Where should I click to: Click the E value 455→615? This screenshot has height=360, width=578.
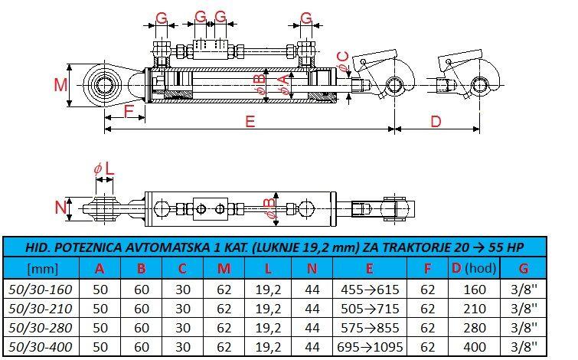(370, 290)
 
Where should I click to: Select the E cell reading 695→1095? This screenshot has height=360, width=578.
(370, 347)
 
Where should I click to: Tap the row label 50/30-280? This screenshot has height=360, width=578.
(40, 328)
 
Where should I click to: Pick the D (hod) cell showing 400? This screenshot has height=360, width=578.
(475, 347)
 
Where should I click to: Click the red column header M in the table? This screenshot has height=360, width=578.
(224, 268)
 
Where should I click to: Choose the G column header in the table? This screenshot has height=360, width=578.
(524, 268)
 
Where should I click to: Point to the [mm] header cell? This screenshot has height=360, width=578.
(43, 269)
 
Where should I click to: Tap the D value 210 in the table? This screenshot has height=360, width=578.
(475, 309)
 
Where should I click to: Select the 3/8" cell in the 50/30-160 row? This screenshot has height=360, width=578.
(524, 290)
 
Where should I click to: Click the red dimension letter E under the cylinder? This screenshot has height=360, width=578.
(250, 121)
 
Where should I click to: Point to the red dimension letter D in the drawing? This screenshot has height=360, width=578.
(436, 121)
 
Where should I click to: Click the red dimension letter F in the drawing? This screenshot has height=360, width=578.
(128, 110)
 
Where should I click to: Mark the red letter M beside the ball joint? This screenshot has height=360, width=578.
(60, 85)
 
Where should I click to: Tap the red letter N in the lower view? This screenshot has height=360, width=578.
(60, 208)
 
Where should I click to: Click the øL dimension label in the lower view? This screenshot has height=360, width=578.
(104, 169)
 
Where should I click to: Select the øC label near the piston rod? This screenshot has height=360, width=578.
(343, 62)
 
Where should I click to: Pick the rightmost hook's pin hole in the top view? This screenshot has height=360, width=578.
(479, 86)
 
